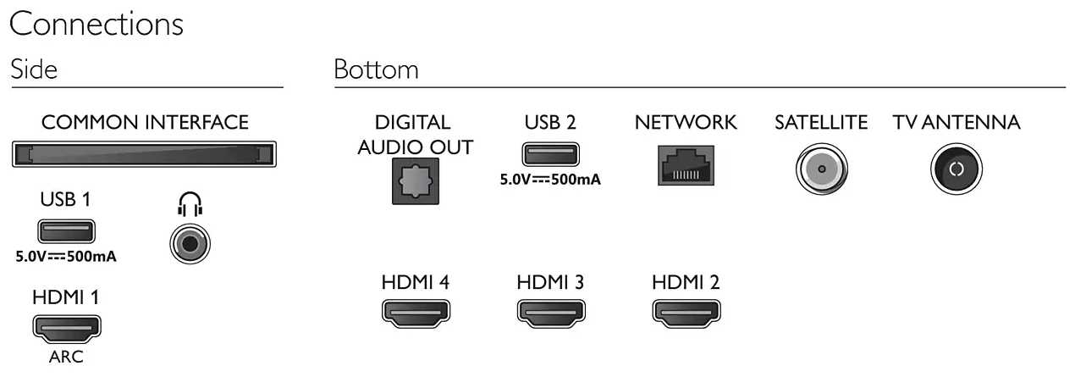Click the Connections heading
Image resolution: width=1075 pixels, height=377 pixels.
click(x=96, y=24)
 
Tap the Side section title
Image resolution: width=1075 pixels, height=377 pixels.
click(x=34, y=69)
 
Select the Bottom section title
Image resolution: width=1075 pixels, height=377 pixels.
click(x=376, y=69)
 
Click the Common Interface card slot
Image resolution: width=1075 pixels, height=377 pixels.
click(x=144, y=154)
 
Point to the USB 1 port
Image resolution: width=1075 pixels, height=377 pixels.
click(x=66, y=230)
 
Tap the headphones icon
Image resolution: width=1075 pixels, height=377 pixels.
click(x=190, y=203)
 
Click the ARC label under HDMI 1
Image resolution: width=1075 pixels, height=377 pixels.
click(x=66, y=357)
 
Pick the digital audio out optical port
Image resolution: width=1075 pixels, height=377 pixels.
click(x=415, y=181)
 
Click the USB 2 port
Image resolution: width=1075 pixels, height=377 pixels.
click(x=550, y=153)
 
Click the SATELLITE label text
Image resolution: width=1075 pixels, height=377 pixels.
click(x=820, y=122)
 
